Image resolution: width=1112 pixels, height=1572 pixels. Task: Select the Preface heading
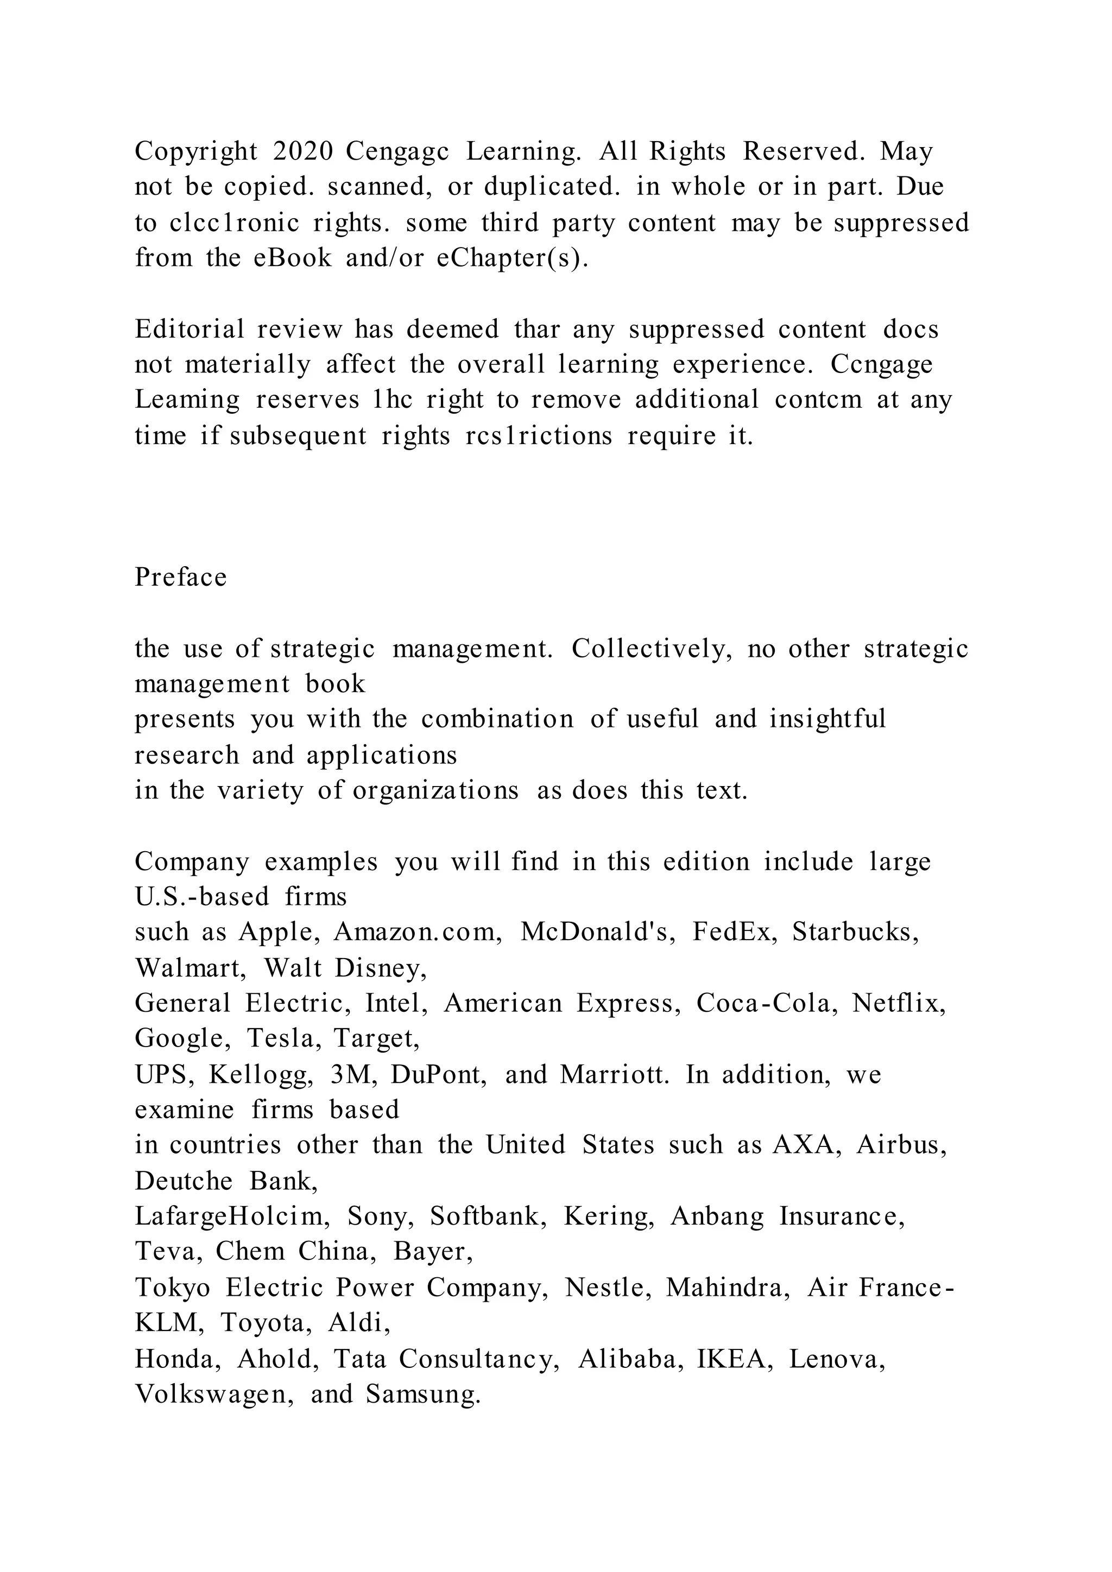tap(180, 577)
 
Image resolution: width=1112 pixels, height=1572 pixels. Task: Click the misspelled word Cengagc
tap(397, 151)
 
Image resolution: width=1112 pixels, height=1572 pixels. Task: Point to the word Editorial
tap(189, 329)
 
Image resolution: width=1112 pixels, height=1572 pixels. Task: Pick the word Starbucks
tap(855, 932)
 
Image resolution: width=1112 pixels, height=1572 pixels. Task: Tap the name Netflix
tap(899, 1003)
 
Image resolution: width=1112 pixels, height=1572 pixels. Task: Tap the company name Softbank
tap(488, 1216)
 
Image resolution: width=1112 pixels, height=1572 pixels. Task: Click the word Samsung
tap(422, 1394)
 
